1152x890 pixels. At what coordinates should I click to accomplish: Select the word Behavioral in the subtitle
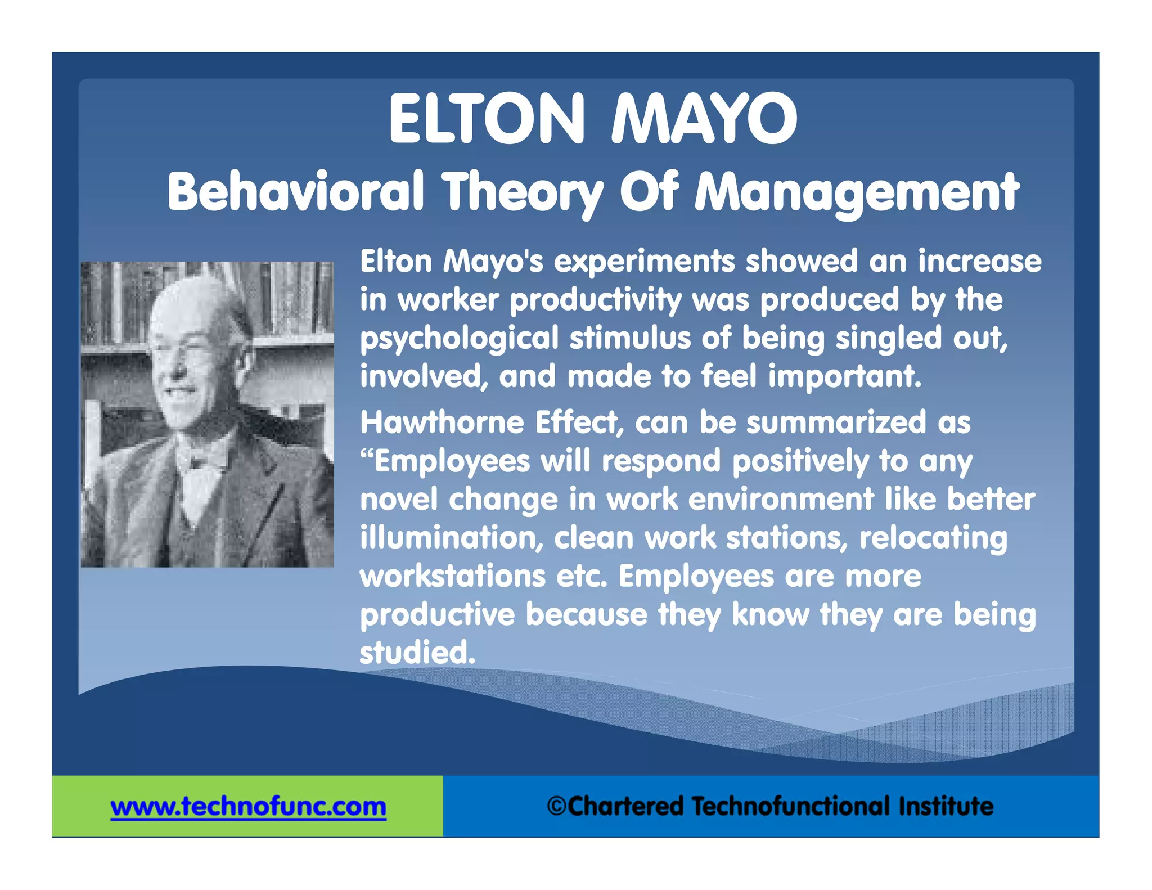click(295, 192)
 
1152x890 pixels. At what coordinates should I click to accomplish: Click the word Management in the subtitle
click(857, 193)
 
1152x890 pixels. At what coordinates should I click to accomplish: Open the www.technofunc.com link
click(248, 807)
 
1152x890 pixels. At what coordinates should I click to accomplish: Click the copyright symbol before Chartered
click(556, 806)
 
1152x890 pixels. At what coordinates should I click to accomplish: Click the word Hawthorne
click(442, 422)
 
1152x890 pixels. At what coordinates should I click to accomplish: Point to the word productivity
click(596, 300)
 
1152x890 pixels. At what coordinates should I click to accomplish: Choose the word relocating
click(933, 538)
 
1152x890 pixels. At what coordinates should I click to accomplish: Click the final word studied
click(417, 653)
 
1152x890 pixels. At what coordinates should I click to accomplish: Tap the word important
click(845, 376)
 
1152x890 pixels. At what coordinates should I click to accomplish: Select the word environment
click(781, 500)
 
